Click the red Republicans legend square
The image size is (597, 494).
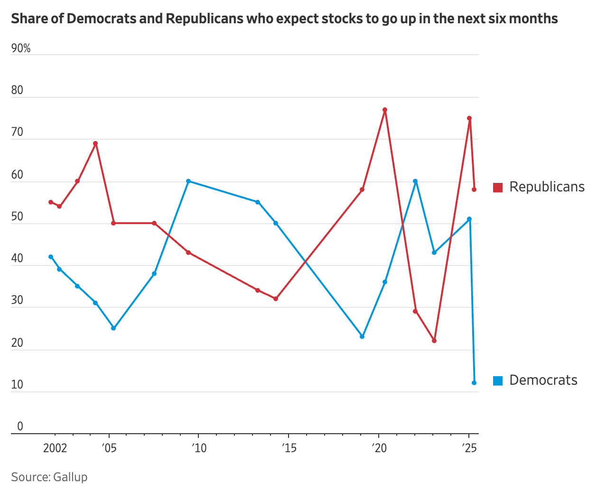498,188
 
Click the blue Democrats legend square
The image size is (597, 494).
498,380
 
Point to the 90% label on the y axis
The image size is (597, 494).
21,48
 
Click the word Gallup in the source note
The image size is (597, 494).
70,477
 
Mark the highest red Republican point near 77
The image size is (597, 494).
385,110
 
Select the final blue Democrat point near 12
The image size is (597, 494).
474,383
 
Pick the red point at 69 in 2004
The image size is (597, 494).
95,143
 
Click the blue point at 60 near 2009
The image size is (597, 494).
188,181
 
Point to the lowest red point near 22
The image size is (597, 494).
434,341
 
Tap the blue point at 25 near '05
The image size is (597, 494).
113,328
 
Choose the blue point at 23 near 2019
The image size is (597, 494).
362,337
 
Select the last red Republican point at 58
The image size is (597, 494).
474,190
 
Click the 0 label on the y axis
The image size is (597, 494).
20,426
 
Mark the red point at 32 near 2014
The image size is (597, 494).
276,299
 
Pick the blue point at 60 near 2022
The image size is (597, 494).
415,181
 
